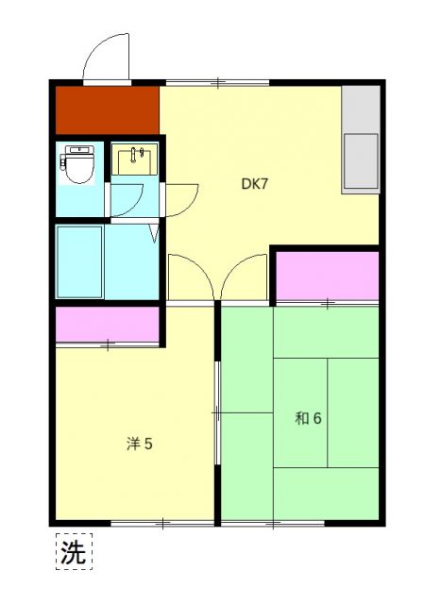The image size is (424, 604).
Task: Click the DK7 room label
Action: pos(254,184)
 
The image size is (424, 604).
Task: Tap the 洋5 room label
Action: pos(140,443)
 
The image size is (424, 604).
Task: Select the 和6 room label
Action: pos(308,418)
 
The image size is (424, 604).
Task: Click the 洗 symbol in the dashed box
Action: pos(73,553)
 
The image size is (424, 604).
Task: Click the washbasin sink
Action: pos(136,159)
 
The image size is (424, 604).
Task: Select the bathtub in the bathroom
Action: pos(79,261)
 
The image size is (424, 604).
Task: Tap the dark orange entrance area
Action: pos(106,110)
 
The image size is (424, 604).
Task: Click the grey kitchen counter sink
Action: pos(360,161)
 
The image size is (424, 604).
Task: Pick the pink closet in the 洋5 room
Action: pos(107,325)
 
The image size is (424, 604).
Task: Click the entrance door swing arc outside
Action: pos(106,59)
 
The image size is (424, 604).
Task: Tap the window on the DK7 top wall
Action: pos(216,84)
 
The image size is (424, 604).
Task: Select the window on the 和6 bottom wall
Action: pos(274,522)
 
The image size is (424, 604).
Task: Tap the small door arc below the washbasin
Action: pos(128,197)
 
